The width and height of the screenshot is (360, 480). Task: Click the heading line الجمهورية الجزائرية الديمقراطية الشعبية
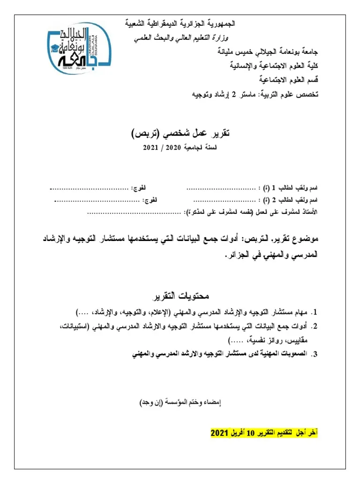[181, 23]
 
